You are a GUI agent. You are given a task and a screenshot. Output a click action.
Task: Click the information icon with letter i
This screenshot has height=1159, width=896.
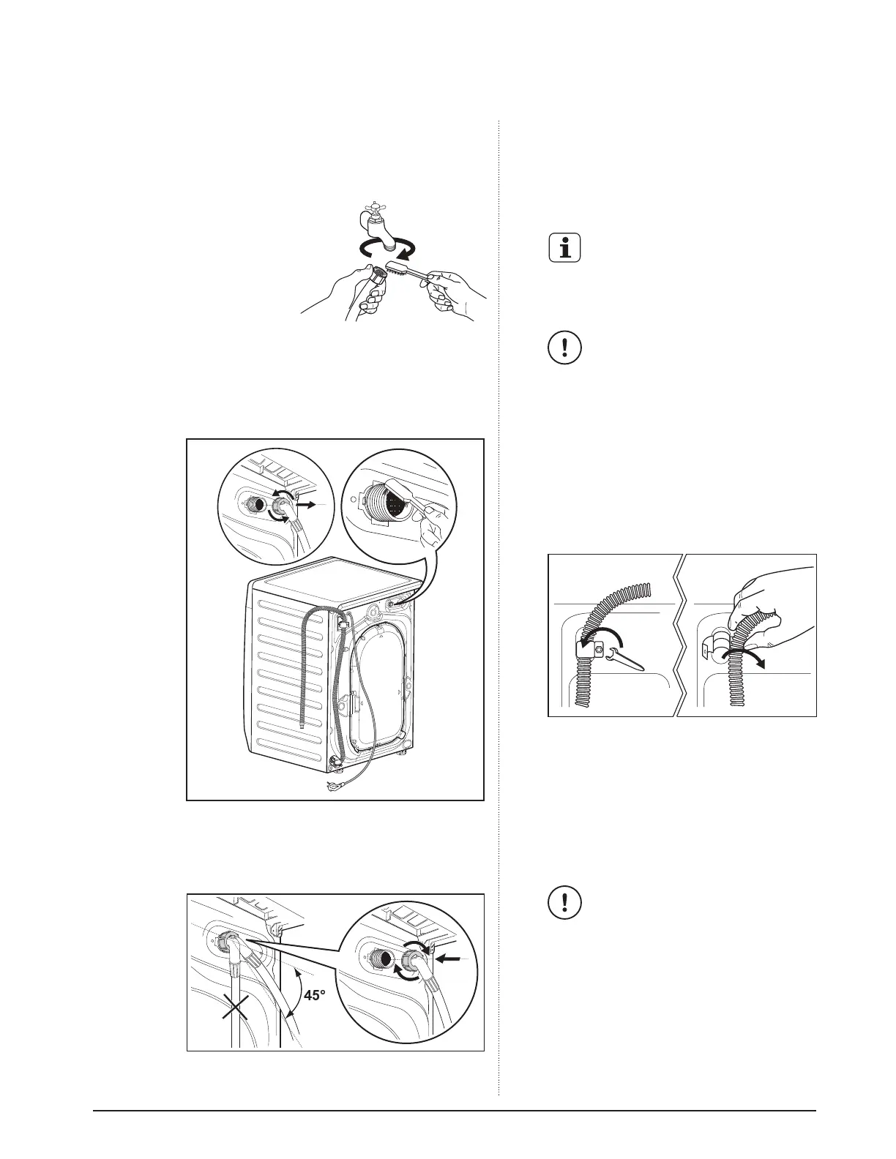[564, 249]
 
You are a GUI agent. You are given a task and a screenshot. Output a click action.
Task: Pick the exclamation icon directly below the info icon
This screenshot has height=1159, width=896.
[564, 348]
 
